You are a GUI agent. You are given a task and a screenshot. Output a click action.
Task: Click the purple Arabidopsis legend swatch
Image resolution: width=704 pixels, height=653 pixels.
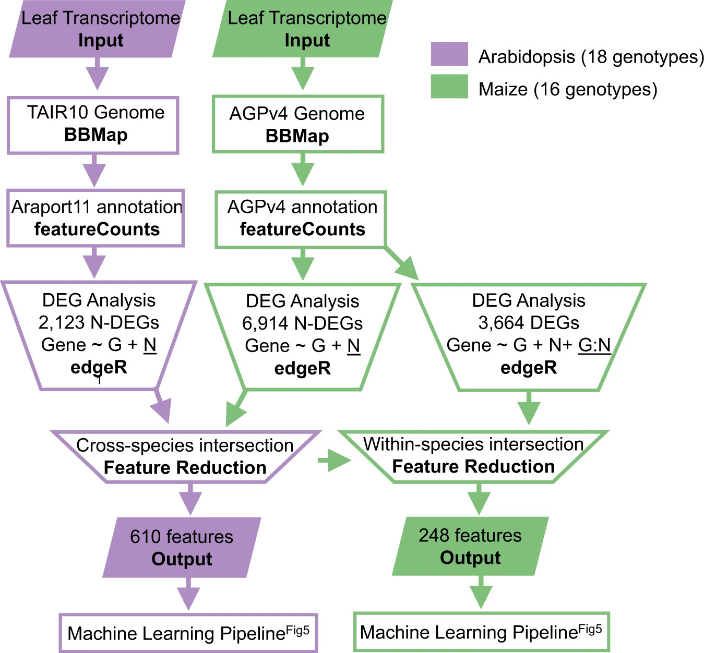click(449, 54)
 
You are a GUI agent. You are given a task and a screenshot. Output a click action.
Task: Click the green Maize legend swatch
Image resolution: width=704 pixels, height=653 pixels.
click(449, 87)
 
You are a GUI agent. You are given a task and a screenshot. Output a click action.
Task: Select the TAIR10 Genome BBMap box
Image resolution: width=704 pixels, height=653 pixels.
click(93, 125)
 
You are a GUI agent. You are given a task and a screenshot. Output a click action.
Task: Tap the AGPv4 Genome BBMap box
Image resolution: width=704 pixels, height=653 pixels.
click(298, 125)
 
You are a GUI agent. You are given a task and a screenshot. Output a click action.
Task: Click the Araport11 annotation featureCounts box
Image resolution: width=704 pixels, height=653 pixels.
click(96, 218)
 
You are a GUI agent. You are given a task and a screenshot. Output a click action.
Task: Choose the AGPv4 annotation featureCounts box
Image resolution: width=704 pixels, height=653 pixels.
click(301, 219)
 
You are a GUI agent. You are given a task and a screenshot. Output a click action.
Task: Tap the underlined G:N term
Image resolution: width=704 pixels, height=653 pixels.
click(594, 345)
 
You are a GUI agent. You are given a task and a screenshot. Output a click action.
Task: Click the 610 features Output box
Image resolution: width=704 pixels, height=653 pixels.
click(182, 548)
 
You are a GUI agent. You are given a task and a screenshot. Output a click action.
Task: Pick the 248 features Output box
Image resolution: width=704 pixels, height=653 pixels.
click(470, 547)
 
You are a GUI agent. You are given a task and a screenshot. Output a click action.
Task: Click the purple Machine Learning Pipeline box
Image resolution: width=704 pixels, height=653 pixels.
click(188, 633)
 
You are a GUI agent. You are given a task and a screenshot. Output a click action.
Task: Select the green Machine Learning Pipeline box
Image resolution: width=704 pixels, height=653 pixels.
click(481, 632)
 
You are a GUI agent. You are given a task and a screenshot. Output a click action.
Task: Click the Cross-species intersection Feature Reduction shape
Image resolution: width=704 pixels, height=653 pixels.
click(185, 457)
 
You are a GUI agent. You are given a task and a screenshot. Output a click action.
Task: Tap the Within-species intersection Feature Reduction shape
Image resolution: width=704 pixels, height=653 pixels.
click(473, 456)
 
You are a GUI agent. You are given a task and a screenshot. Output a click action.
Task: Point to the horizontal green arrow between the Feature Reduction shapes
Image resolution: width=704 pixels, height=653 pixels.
click(335, 460)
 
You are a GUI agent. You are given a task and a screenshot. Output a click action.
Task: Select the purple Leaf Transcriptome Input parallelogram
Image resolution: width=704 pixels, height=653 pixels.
click(98, 29)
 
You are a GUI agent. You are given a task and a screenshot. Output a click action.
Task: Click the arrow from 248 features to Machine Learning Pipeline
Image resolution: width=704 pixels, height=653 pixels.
click(481, 592)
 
